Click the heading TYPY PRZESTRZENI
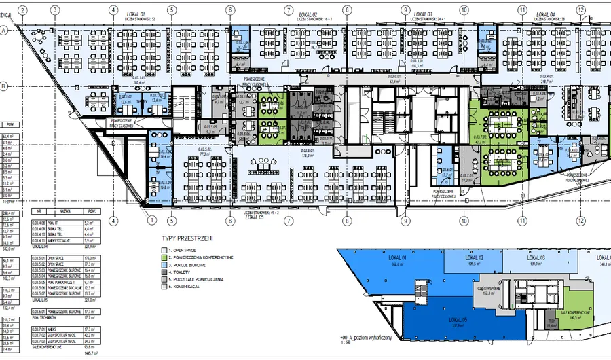pos(187,238)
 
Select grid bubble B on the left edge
pos(4,86)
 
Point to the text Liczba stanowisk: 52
pos(140,18)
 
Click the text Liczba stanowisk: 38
pos(549,18)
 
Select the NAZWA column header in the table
pos(64,211)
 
